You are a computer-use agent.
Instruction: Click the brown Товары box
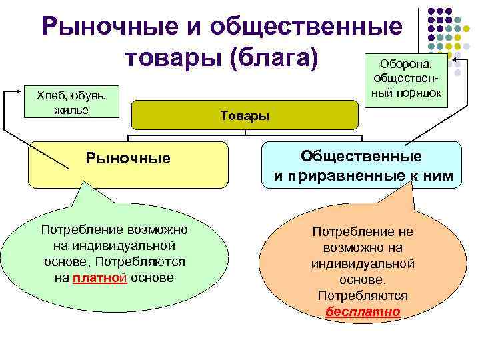(x=245, y=115)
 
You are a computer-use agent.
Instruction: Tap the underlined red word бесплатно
(x=363, y=311)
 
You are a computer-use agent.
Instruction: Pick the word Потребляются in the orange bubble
(x=363, y=295)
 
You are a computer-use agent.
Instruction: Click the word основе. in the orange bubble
(x=363, y=280)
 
